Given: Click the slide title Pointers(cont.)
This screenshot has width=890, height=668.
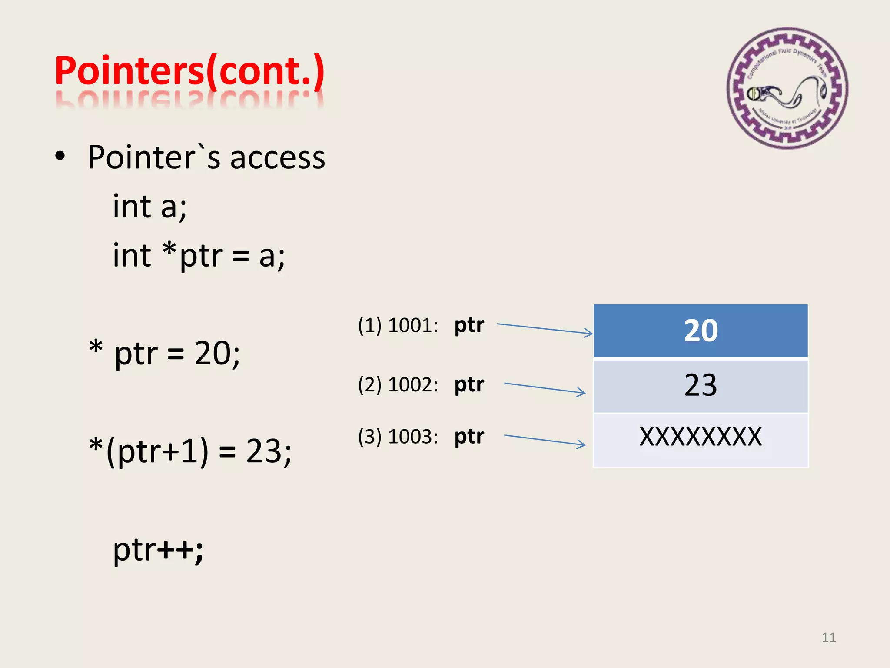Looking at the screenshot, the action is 189,70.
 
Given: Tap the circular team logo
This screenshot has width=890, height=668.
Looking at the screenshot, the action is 787,88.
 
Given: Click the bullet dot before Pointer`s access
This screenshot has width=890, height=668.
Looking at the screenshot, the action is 60,156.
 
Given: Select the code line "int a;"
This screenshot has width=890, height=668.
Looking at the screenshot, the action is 149,206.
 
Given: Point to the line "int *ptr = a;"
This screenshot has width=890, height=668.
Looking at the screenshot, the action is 199,256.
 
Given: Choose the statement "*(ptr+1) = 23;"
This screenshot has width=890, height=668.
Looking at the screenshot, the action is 190,451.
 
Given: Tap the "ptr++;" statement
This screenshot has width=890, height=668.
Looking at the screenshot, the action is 158,550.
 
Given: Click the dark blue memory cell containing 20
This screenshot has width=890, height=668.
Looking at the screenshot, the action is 701,331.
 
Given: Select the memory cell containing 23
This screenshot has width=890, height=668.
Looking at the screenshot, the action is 701,386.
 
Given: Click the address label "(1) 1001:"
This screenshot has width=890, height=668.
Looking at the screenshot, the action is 398,325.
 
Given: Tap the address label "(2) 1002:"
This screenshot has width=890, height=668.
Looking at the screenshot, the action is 398,385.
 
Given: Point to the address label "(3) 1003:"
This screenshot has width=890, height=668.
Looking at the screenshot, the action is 398,437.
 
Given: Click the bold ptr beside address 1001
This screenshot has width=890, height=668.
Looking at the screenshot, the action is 469,325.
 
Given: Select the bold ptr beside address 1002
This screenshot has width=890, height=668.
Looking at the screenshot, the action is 469,385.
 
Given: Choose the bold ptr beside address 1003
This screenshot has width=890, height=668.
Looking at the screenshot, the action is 469,437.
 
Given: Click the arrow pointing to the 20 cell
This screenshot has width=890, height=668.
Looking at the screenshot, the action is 545,329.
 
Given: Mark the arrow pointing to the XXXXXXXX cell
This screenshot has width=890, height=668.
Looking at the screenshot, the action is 545,440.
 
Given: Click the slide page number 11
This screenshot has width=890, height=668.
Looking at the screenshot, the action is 828,638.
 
